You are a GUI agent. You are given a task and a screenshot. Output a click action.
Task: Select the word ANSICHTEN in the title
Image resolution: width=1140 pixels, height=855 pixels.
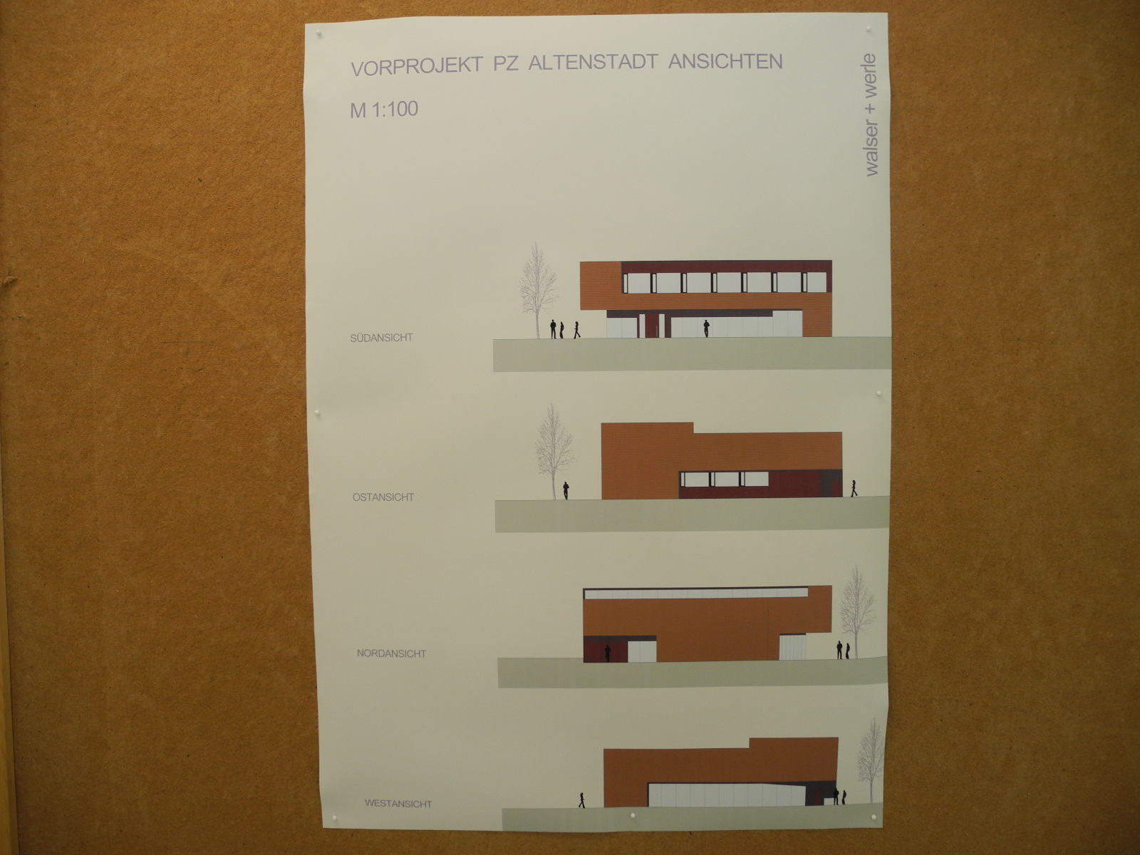725,61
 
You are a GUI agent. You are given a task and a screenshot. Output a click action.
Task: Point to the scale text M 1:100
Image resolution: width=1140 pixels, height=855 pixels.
384,110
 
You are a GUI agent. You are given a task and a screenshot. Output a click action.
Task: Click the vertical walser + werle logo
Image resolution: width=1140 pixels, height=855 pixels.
869,115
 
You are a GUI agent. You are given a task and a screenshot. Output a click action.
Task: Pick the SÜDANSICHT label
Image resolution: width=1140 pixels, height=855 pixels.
381,338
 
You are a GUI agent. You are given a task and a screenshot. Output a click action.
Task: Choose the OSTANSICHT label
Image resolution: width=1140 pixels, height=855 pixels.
383,497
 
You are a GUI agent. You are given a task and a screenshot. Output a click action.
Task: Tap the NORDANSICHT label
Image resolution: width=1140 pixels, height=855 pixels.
391,653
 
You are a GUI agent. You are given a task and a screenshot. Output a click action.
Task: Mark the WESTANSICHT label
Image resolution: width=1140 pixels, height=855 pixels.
398,804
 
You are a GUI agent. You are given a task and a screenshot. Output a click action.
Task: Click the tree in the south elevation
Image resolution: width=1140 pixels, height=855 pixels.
538,291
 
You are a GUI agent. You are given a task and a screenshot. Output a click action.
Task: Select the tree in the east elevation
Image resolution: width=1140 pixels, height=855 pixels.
554,452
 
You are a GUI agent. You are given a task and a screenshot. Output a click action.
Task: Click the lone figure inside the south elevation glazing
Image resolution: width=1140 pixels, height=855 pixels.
706,328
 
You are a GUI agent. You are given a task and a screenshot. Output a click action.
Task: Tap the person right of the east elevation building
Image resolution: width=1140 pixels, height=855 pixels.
854,488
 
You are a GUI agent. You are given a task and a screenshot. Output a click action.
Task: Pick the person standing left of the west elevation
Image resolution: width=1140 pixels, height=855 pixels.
582,800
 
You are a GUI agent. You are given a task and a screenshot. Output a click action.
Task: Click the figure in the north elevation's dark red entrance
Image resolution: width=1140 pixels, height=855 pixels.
608,653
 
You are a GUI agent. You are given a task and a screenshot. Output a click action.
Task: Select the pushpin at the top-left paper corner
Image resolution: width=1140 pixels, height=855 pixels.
319,35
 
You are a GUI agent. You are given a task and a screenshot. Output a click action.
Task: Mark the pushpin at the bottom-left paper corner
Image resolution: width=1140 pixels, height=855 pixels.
334,817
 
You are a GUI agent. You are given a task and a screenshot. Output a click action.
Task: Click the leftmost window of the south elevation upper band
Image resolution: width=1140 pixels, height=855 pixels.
638,283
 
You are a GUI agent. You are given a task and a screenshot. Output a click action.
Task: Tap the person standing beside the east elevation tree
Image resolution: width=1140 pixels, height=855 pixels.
566,491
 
